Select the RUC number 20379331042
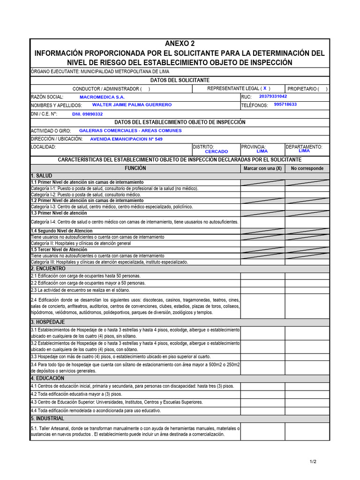coord(273,96)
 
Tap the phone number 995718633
coord(285,105)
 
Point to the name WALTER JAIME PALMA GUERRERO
coord(132,105)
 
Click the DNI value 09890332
coord(87,114)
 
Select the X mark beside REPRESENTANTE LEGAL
coord(265,88)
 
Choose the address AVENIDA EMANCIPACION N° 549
coord(126,139)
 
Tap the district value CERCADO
coord(217,151)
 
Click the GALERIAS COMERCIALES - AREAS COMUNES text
coord(130,131)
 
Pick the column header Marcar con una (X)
coord(262,168)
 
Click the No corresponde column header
coord(307,168)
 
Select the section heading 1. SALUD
coord(42,175)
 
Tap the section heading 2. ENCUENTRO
coord(48,269)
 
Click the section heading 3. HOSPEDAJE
coord(48,322)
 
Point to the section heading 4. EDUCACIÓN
coord(47,378)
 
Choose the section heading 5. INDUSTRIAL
coord(47,418)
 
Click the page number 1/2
coord(313,462)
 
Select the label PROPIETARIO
coord(302,89)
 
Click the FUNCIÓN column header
coord(135,168)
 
